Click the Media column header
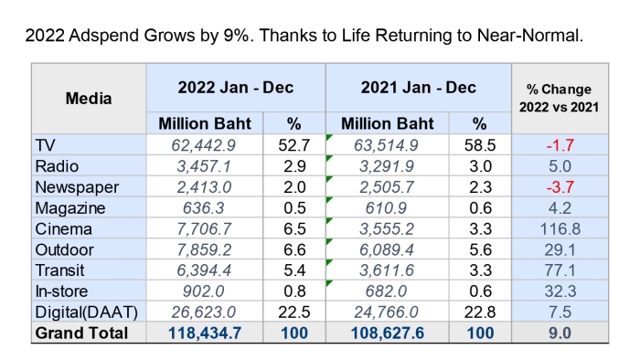89,99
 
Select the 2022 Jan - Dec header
236,87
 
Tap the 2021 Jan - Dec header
419,87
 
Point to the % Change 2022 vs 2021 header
559,98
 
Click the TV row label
45,145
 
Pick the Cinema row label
63,228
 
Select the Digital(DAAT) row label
87,312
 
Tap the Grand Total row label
81,334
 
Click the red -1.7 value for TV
560,145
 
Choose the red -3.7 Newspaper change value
560,187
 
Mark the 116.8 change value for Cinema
560,228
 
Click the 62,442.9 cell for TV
203,145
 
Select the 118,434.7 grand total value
205,334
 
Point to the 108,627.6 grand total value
388,334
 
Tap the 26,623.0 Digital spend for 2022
203,312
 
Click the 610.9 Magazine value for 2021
386,208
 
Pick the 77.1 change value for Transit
560,270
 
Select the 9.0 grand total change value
560,334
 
